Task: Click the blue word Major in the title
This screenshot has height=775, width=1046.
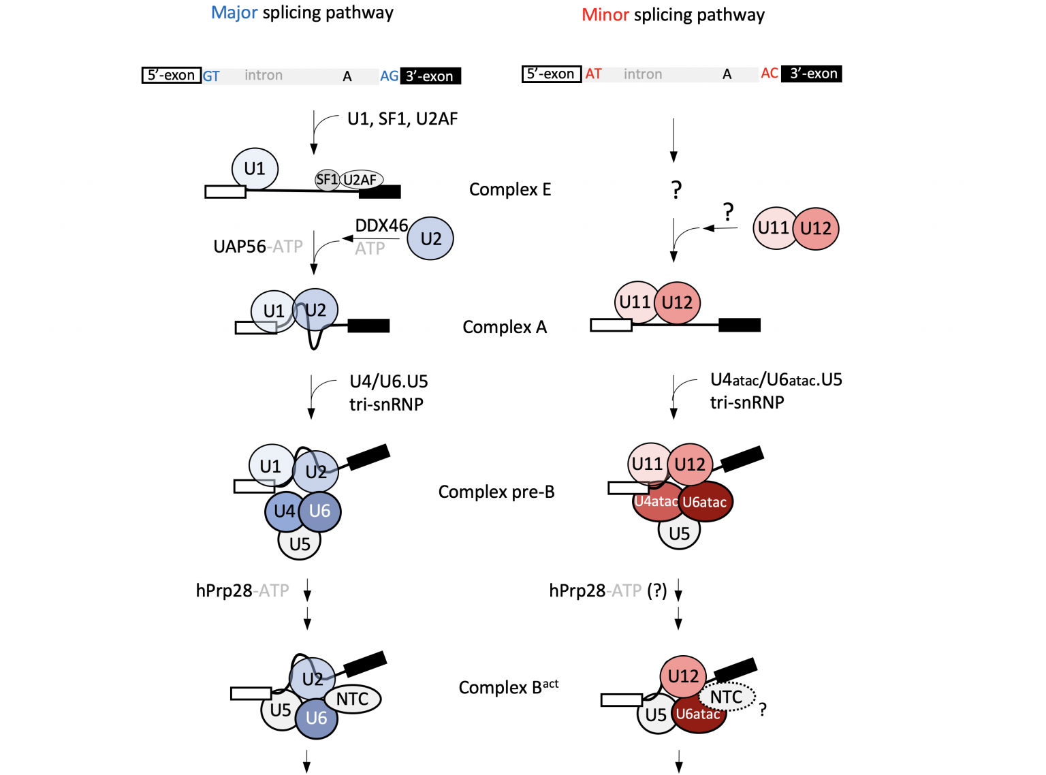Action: coord(234,13)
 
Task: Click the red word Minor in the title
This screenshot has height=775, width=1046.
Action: coord(605,15)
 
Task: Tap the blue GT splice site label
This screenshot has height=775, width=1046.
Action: coord(211,76)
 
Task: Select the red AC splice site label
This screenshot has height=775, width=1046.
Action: coord(770,74)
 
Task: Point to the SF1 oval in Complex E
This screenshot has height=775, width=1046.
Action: coord(327,180)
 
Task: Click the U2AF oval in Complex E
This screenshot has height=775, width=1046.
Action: coord(362,180)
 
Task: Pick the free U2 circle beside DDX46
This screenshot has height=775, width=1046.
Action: coord(430,238)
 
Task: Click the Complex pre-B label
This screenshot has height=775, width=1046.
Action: coord(496,492)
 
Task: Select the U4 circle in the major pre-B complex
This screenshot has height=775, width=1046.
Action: coord(283,511)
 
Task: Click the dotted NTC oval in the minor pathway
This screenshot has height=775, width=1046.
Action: coord(727,697)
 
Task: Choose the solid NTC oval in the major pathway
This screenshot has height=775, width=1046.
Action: coord(353,699)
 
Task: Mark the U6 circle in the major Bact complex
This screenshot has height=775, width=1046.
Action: coord(317,718)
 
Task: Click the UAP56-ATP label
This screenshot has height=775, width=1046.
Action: coord(257,247)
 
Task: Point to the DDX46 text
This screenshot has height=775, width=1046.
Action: coord(381,225)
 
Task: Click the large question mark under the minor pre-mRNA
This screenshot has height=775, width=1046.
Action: coord(676,189)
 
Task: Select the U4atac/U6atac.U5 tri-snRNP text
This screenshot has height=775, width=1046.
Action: coord(776,390)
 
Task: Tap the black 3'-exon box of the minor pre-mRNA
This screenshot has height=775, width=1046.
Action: coord(812,74)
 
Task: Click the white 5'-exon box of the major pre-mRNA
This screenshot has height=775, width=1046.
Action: coord(172,76)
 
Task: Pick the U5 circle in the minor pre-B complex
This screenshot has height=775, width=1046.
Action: coord(679,533)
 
